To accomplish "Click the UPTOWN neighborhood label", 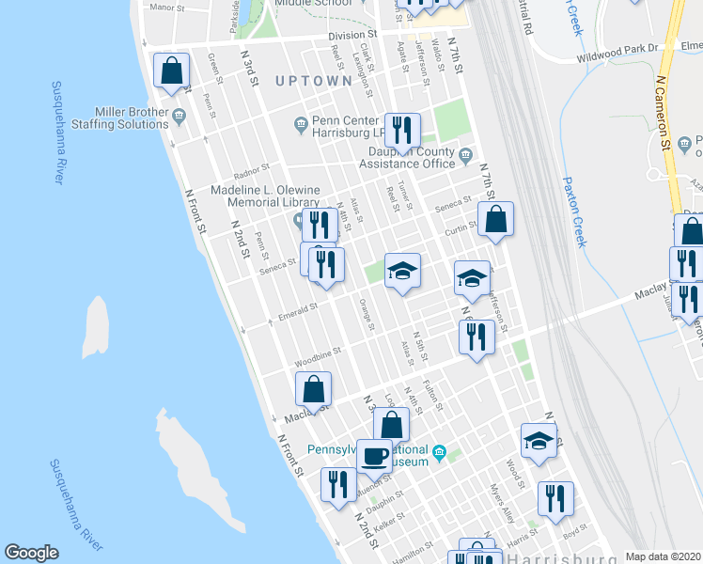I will (314, 81).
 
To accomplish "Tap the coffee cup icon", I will (374, 456).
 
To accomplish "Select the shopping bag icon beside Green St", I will (171, 70).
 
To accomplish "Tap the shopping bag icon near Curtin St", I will (495, 220).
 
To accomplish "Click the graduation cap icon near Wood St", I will (539, 440).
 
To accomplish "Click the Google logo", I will (31, 553).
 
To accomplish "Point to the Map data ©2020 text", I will (663, 556).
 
